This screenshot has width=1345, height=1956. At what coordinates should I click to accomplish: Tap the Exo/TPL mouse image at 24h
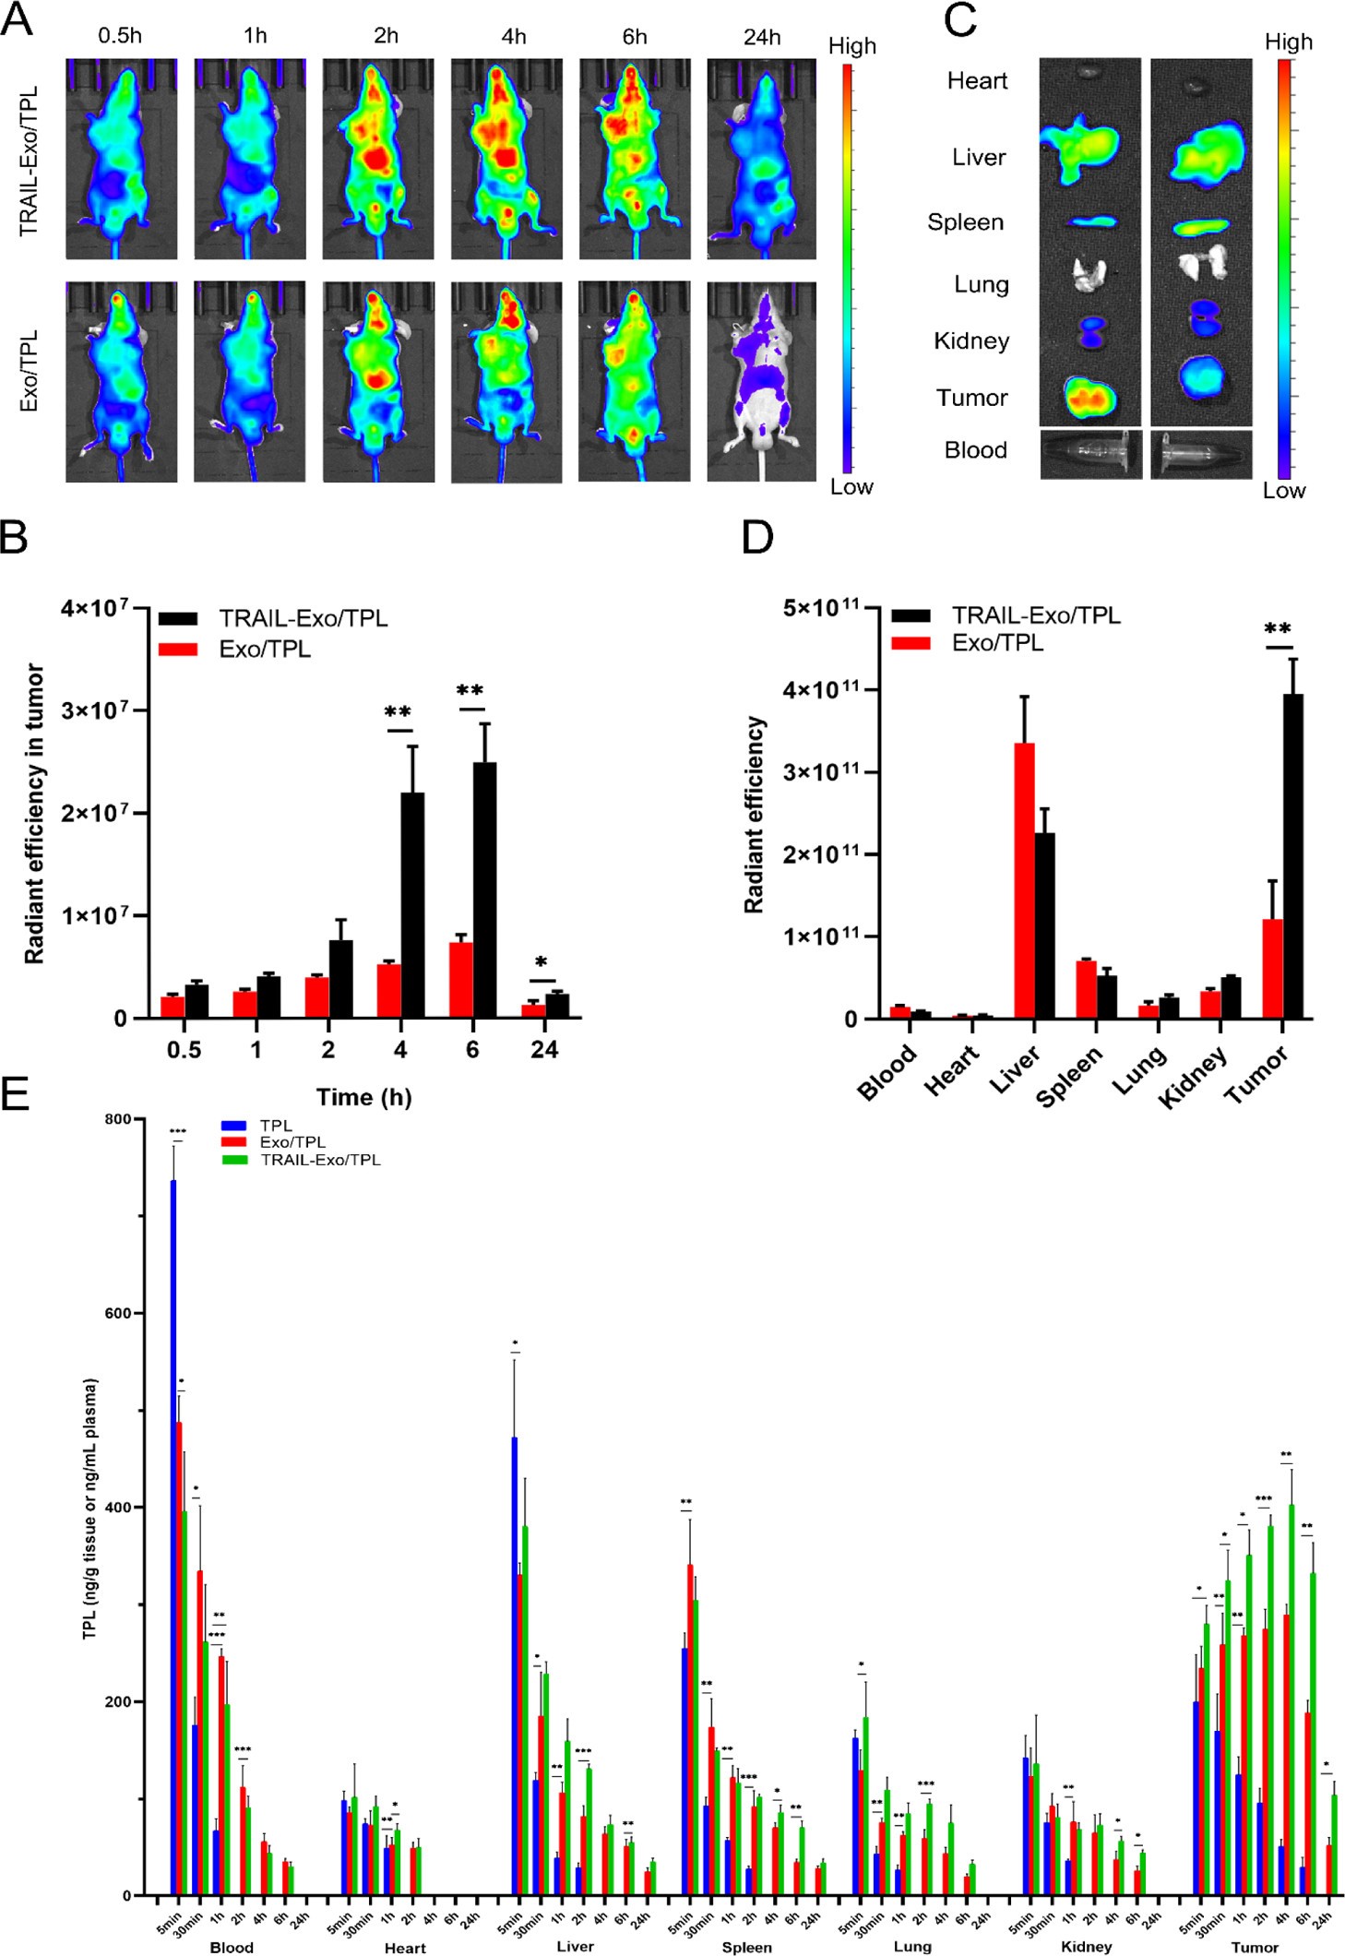click(x=762, y=380)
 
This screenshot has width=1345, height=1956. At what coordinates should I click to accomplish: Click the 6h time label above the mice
click(x=634, y=37)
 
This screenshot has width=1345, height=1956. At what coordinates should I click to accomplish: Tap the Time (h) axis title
click(x=363, y=1097)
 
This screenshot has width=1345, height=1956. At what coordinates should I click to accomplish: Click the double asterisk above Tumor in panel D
click(x=1278, y=630)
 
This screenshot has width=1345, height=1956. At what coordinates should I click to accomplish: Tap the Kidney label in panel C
click(x=971, y=341)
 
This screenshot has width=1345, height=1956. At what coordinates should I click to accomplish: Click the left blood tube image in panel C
click(x=1090, y=454)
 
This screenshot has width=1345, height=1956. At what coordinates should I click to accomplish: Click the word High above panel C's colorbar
click(x=1288, y=42)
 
